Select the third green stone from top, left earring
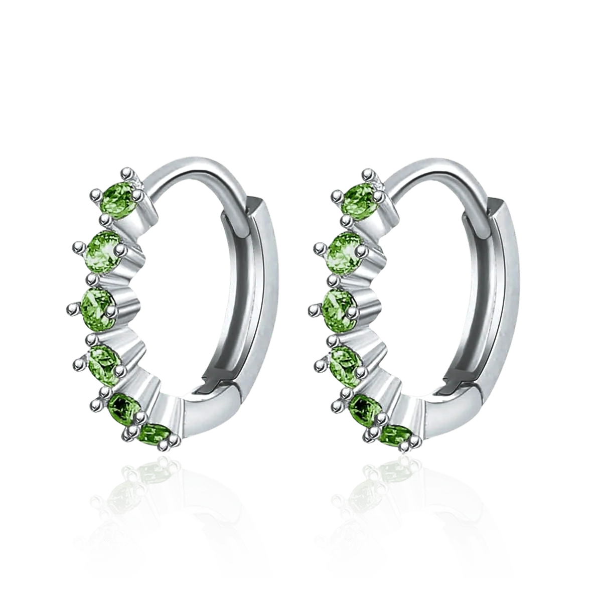(x=100, y=302)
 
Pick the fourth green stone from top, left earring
(x=104, y=355)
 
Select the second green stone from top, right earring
(x=346, y=248)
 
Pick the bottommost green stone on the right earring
(x=395, y=432)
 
